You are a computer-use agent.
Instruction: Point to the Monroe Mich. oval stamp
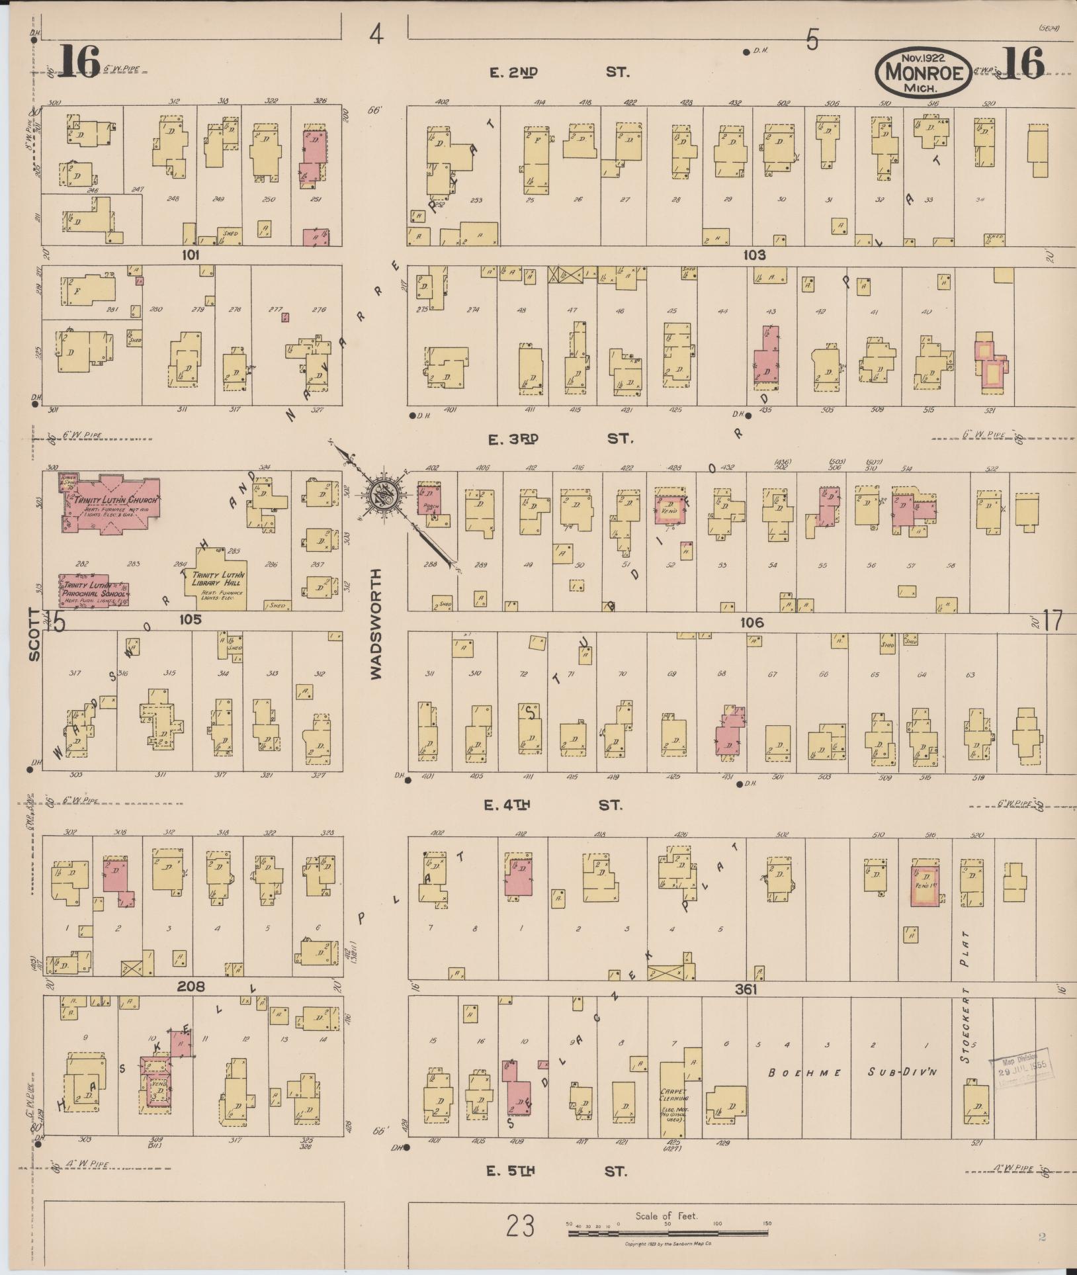[x=924, y=72]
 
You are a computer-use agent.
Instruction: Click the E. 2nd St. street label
[x=559, y=72]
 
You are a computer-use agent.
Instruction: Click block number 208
[x=191, y=987]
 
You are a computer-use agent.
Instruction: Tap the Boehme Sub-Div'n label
[x=860, y=1073]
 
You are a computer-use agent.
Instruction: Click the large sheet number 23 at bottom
[x=521, y=1226]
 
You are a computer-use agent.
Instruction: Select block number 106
[x=752, y=622]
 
